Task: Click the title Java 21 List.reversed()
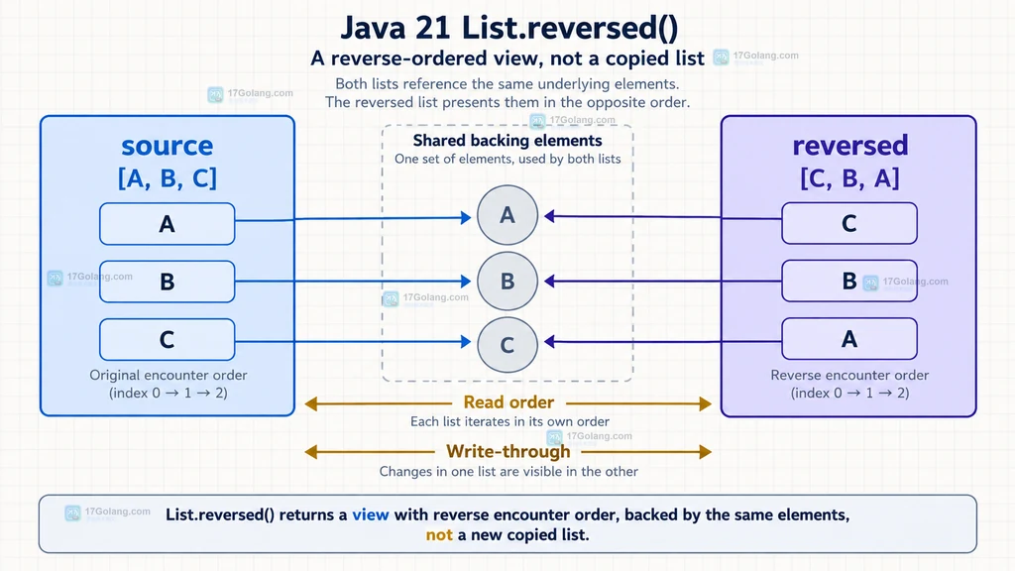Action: tap(508, 28)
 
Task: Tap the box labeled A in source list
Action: tap(167, 224)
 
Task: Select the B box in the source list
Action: tap(167, 282)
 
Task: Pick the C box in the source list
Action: tap(167, 339)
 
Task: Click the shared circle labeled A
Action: tap(507, 215)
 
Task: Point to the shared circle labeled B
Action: tap(507, 281)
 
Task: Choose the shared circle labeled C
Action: tap(507, 344)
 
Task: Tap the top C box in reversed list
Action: tap(849, 223)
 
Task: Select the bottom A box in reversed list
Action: tap(849, 339)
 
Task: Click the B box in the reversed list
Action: tap(849, 281)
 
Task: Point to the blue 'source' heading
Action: tap(167, 146)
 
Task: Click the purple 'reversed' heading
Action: tap(849, 146)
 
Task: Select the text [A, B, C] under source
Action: tap(167, 178)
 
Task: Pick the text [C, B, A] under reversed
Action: tap(849, 178)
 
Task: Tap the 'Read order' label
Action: tap(508, 402)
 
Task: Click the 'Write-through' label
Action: tap(508, 451)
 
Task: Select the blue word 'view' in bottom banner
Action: tap(371, 514)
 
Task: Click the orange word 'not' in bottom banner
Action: tap(439, 534)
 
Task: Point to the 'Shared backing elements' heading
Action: tap(507, 141)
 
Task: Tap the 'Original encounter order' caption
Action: tap(169, 375)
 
